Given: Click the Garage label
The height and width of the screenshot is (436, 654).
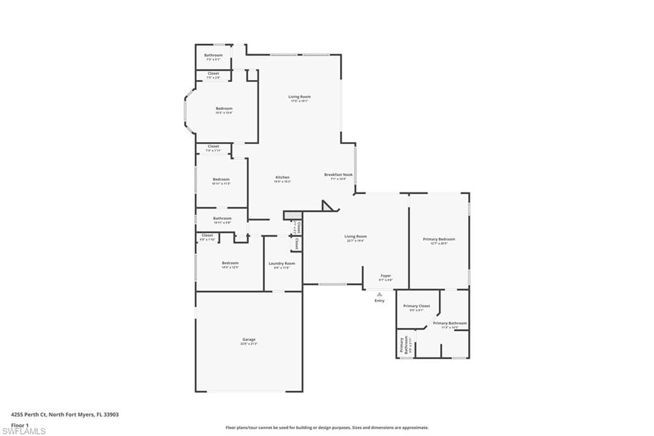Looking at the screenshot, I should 248,339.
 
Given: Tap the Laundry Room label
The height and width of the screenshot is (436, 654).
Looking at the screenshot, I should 281,263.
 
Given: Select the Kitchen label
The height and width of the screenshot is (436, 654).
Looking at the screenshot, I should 282,178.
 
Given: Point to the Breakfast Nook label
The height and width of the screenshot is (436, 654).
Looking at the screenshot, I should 338,175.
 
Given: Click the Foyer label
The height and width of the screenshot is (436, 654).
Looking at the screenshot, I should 386,276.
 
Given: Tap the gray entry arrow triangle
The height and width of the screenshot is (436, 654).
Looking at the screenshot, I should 379,294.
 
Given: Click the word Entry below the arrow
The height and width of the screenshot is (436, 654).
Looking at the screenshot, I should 379,300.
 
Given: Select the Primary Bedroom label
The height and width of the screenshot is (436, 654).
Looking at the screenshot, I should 439,240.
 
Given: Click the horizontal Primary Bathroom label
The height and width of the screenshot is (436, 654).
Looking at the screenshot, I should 450,323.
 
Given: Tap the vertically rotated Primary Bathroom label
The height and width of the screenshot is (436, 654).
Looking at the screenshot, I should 403,345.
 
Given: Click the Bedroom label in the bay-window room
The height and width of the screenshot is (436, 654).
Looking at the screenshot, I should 224,109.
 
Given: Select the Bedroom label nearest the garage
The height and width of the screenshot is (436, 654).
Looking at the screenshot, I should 230,263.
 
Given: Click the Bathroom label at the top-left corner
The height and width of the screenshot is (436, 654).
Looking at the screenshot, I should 213,56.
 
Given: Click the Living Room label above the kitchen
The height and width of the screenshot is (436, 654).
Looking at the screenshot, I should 299,97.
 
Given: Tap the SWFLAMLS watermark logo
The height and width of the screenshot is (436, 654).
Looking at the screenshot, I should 24,431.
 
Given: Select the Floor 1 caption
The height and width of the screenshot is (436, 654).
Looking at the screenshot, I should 20,424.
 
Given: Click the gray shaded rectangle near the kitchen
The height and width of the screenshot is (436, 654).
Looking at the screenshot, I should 292,215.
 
